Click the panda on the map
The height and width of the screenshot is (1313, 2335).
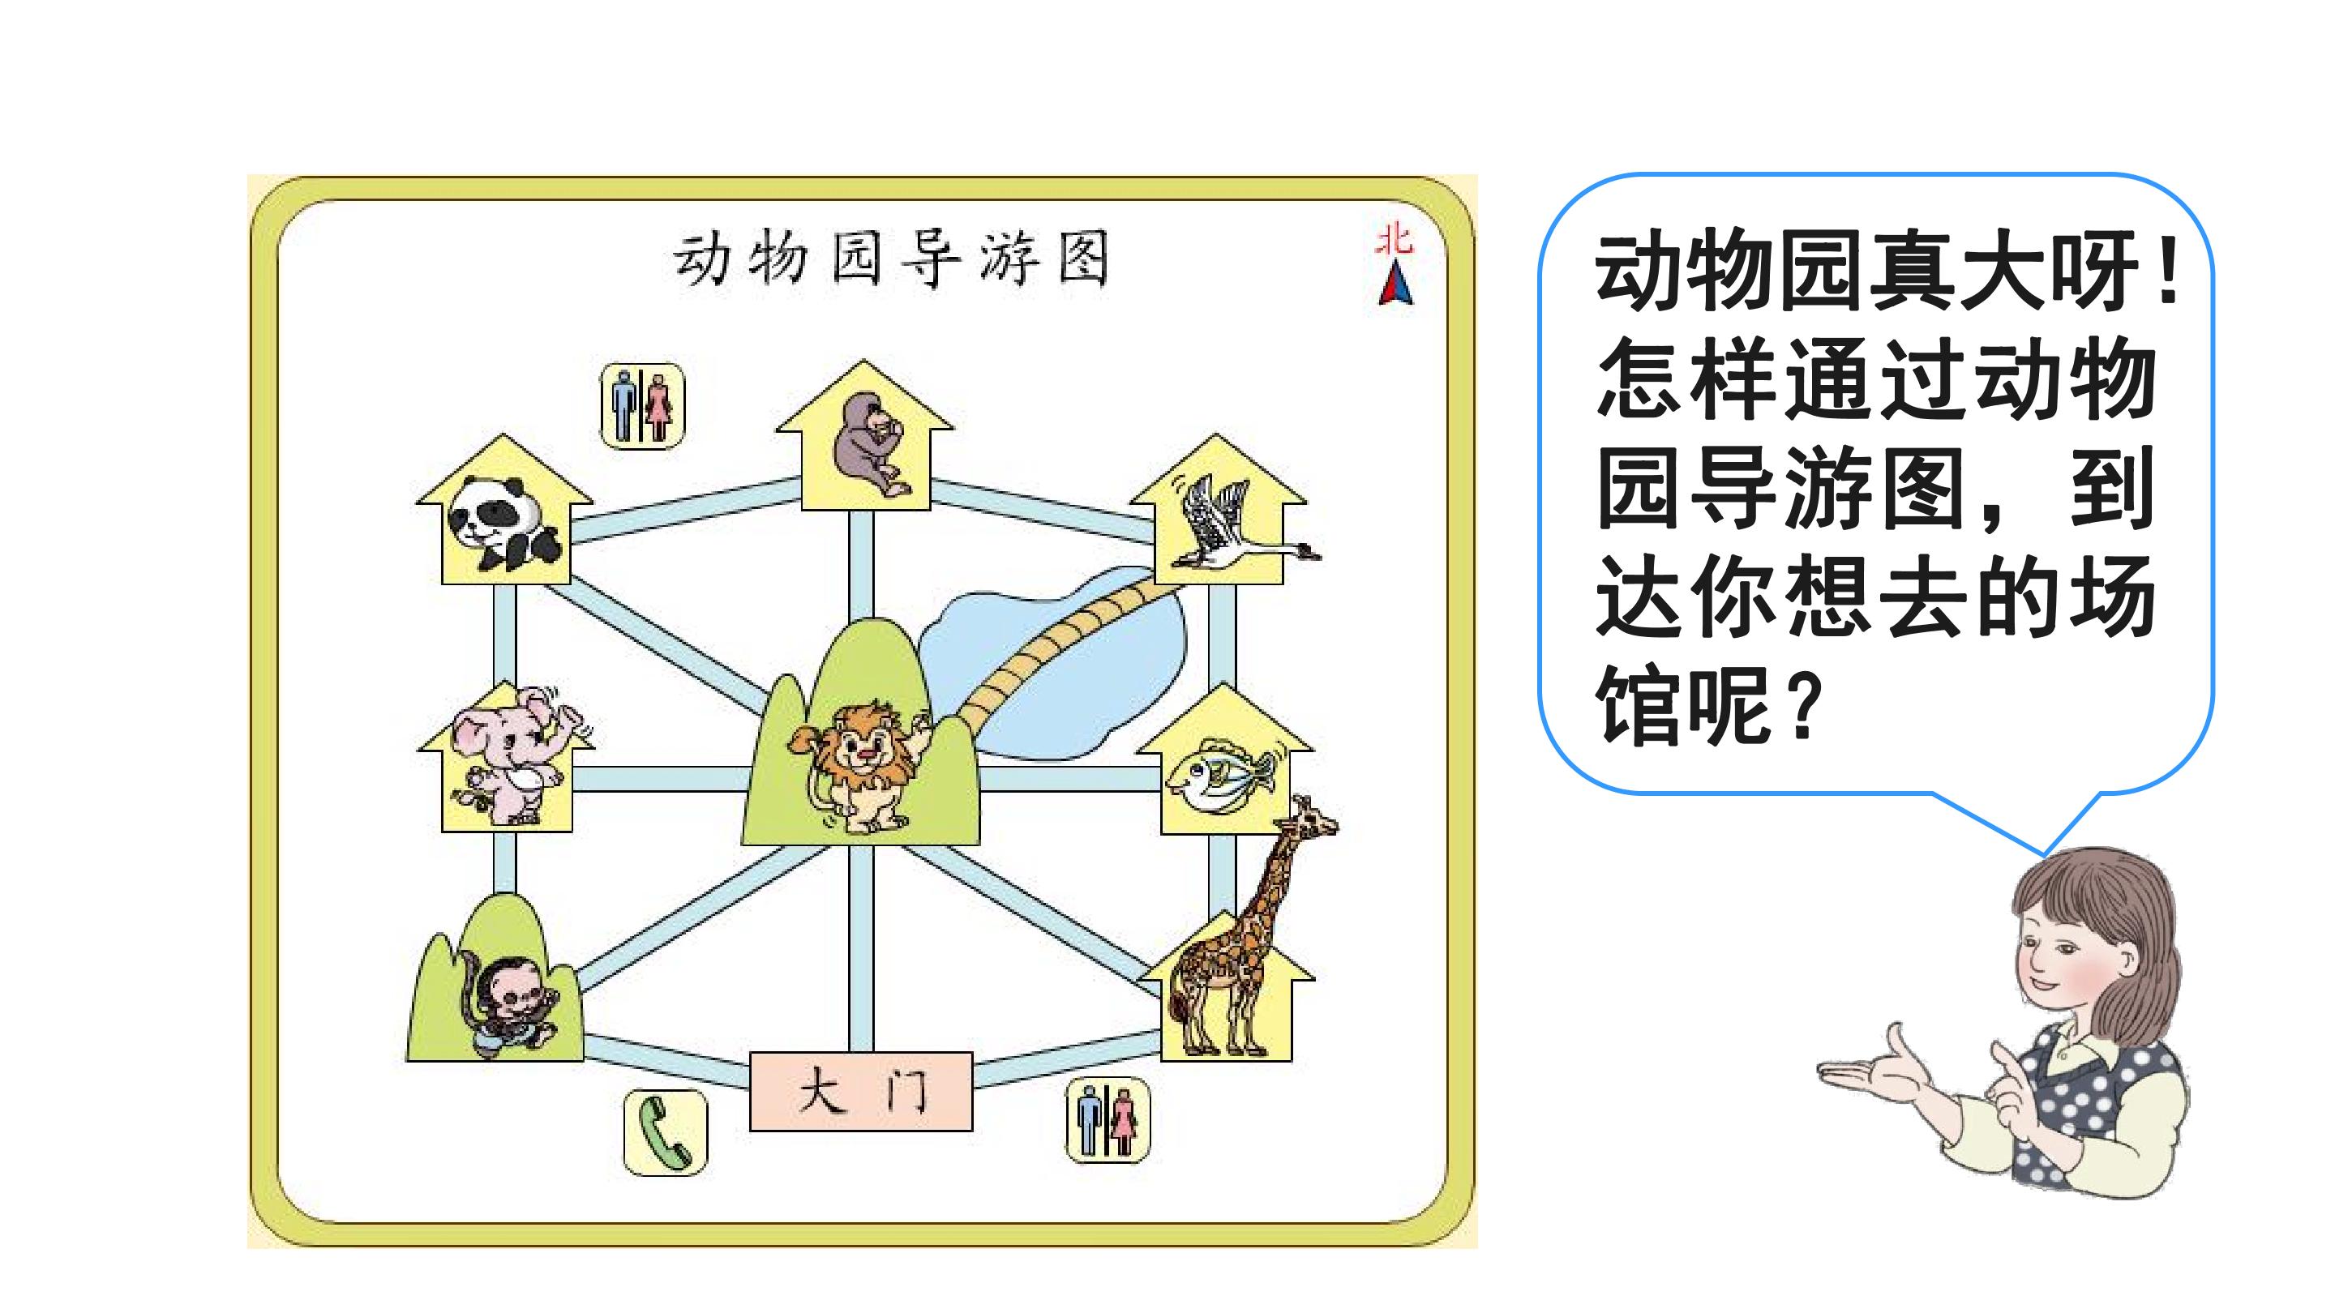505,524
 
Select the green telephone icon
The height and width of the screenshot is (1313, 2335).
666,1133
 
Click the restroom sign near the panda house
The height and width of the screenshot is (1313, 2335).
643,405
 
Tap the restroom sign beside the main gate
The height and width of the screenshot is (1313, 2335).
1108,1120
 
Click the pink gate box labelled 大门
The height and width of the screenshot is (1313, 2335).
861,1091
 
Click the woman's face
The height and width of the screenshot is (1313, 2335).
2071,952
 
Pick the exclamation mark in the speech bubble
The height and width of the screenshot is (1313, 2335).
2168,271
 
